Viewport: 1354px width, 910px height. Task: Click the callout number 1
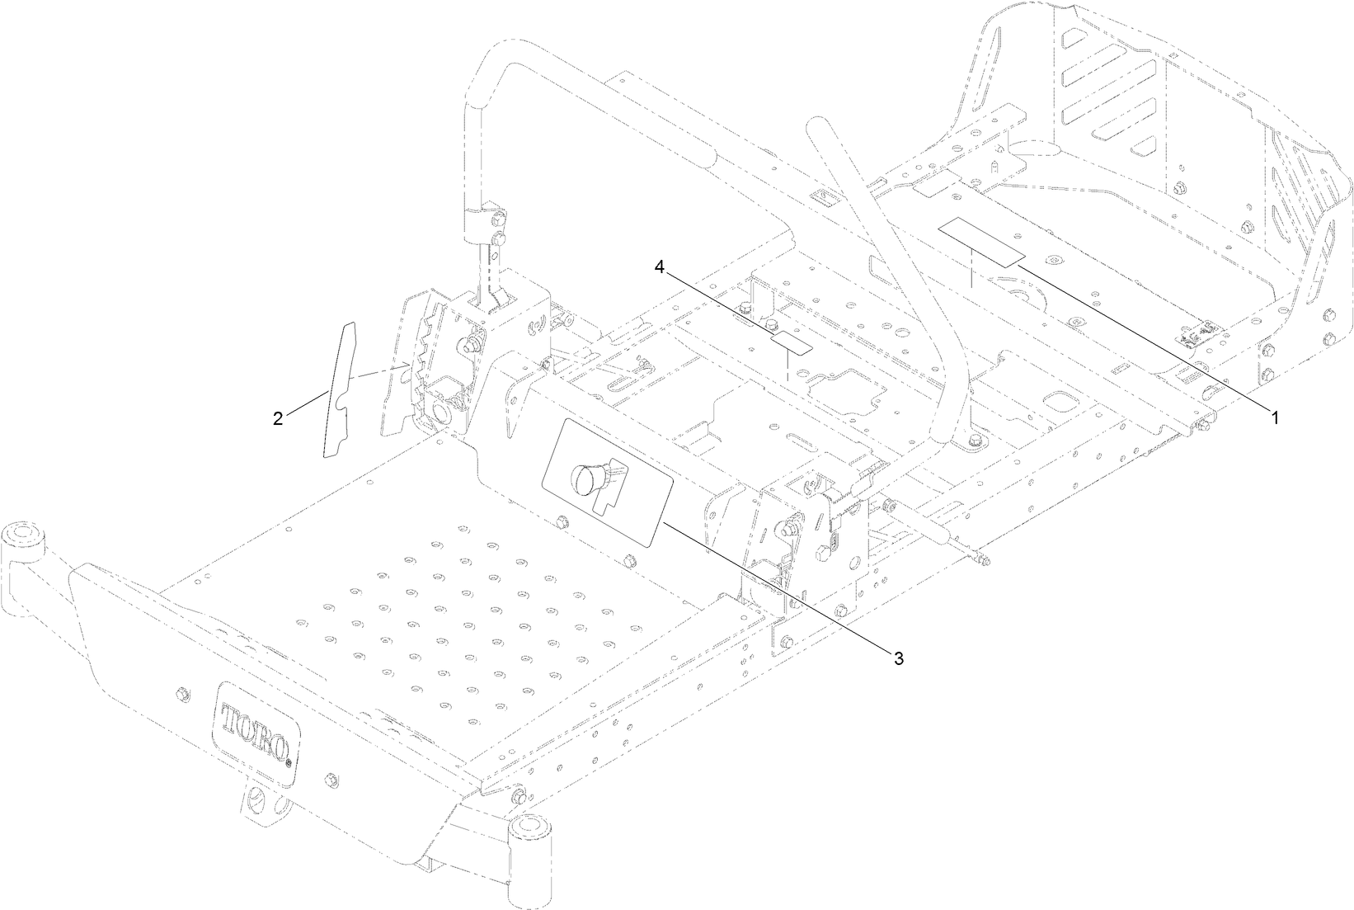[x=1275, y=418]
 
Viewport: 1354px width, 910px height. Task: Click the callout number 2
[x=278, y=418]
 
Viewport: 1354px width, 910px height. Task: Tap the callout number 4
[x=659, y=266]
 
